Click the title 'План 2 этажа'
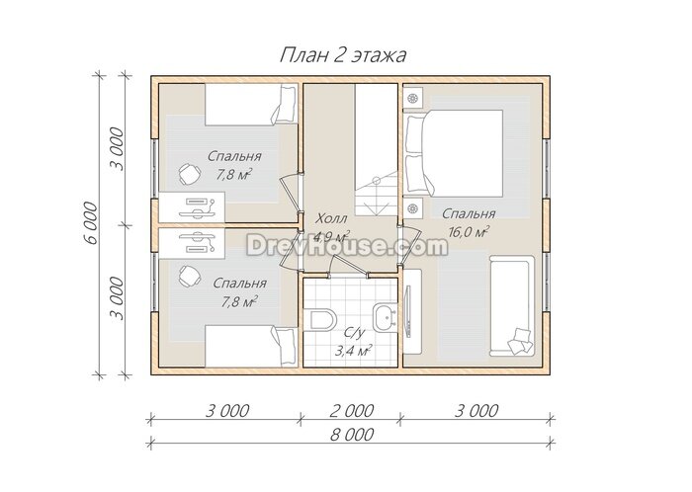343,55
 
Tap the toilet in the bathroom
323,320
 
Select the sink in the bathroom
385,316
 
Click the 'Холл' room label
332,218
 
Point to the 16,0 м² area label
469,232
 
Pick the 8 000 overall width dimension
352,435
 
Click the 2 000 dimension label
352,411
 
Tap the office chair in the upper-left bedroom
190,174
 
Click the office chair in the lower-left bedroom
190,277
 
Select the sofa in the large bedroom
512,306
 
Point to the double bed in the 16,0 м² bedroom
454,153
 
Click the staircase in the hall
376,150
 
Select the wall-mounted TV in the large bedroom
408,311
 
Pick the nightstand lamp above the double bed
413,98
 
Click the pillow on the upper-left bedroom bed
284,104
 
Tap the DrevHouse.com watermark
347,245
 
